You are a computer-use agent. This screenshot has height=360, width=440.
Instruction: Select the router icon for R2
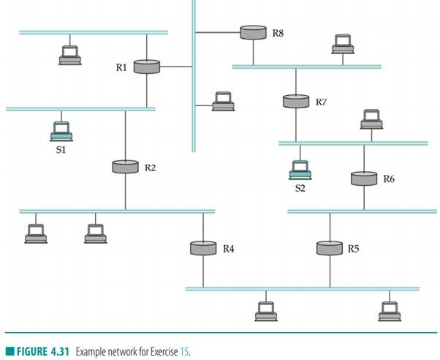(x=125, y=167)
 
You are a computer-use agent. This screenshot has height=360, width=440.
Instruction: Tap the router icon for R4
(x=202, y=248)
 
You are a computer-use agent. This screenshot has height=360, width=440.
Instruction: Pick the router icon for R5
(x=329, y=248)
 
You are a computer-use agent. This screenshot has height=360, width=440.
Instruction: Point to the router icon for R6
(x=363, y=178)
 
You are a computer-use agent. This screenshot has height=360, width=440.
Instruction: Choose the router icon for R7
(x=295, y=101)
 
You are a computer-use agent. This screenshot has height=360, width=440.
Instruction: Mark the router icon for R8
(x=253, y=32)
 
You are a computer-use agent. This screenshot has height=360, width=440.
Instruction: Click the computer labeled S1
(x=61, y=131)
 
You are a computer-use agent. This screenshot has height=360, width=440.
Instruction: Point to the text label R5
(x=354, y=249)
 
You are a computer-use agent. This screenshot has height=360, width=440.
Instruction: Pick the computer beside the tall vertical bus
(x=223, y=101)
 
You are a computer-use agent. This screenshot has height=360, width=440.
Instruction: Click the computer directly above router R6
(x=371, y=119)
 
